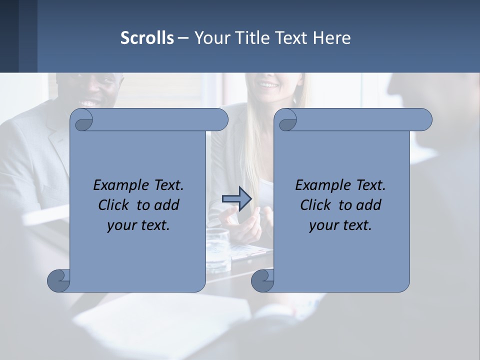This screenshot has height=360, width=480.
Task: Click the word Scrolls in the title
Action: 147,38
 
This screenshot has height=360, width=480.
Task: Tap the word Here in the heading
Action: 332,38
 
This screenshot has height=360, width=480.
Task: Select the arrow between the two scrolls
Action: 236,199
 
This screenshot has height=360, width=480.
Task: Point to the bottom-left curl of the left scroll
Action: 59,280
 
